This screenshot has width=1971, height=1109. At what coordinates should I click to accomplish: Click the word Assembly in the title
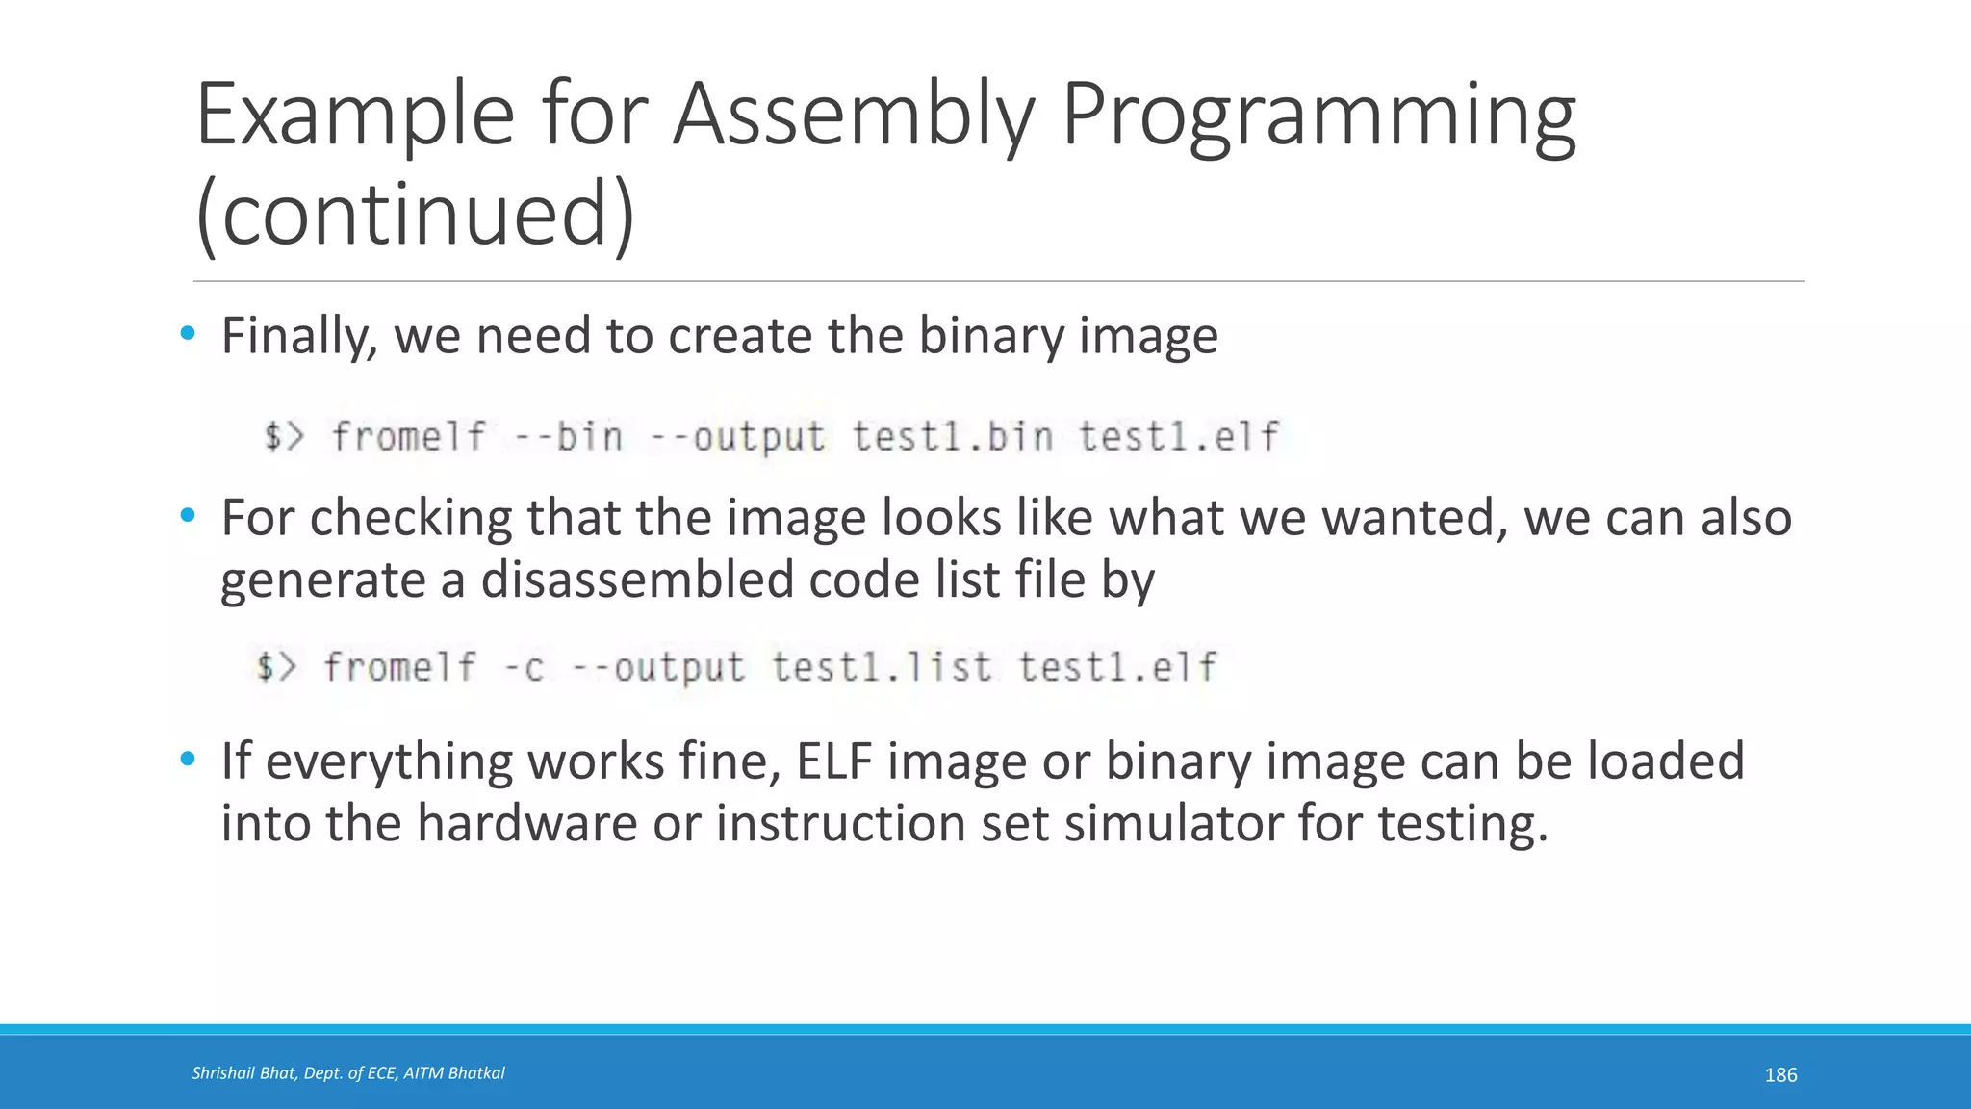tap(852, 117)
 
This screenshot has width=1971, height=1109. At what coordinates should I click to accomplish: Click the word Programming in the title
tap(1318, 117)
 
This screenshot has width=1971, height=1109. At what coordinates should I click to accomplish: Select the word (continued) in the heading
tap(415, 214)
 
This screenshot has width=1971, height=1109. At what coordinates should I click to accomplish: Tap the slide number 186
tap(1780, 1075)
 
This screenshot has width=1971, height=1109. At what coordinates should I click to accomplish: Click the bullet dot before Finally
tap(188, 334)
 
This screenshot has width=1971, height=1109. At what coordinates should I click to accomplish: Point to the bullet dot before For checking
tap(188, 516)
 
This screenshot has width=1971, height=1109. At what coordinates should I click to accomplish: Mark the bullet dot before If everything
tap(188, 760)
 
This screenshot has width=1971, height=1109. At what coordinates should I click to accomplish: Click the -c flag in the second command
tap(525, 667)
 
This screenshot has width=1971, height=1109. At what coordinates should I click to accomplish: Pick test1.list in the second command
tap(881, 667)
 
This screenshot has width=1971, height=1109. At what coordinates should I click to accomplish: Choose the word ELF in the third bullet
tap(833, 761)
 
